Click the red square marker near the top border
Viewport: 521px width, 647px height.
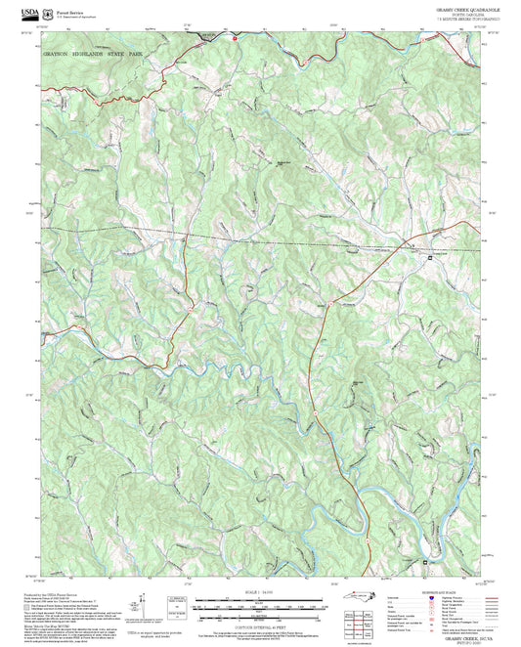coord(236,38)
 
